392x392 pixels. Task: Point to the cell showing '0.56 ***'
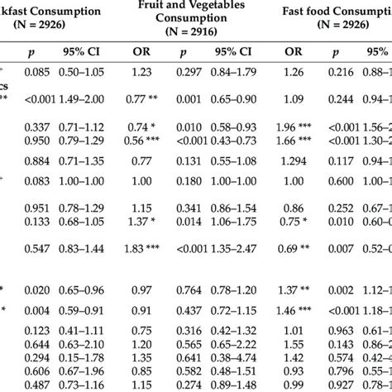point(145,141)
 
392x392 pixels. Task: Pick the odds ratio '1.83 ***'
point(145,247)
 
